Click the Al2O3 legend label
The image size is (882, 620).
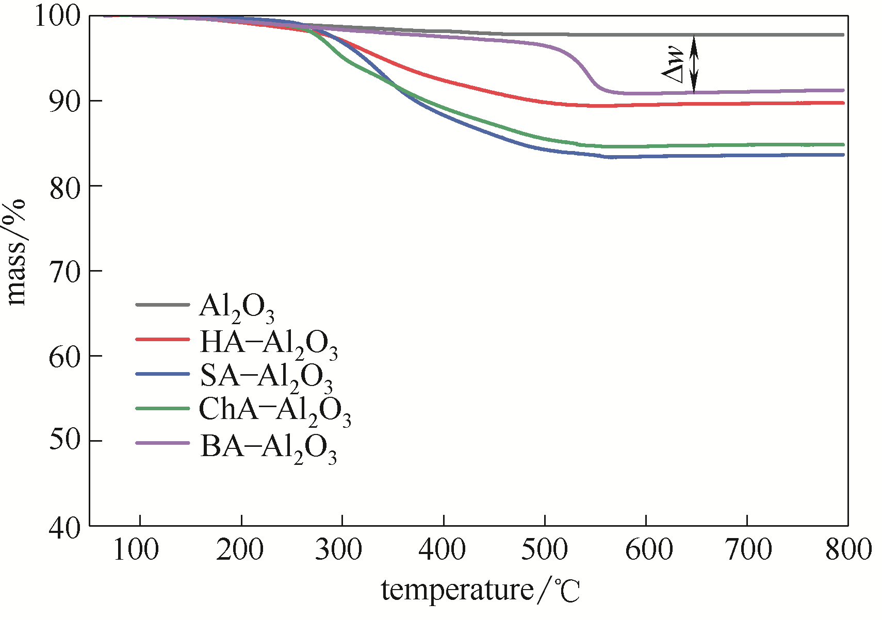pyautogui.click(x=236, y=308)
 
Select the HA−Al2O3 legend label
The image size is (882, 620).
pyautogui.click(x=268, y=344)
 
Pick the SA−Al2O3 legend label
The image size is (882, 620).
pyautogui.click(x=266, y=377)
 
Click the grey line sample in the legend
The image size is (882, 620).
pyautogui.click(x=162, y=305)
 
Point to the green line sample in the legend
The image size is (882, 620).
pyautogui.click(x=162, y=409)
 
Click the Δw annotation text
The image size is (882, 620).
pyautogui.click(x=673, y=64)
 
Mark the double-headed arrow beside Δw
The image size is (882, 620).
pyautogui.click(x=694, y=64)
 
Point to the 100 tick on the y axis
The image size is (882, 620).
pyautogui.click(x=58, y=16)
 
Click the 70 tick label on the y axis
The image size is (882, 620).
pyautogui.click(x=65, y=272)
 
